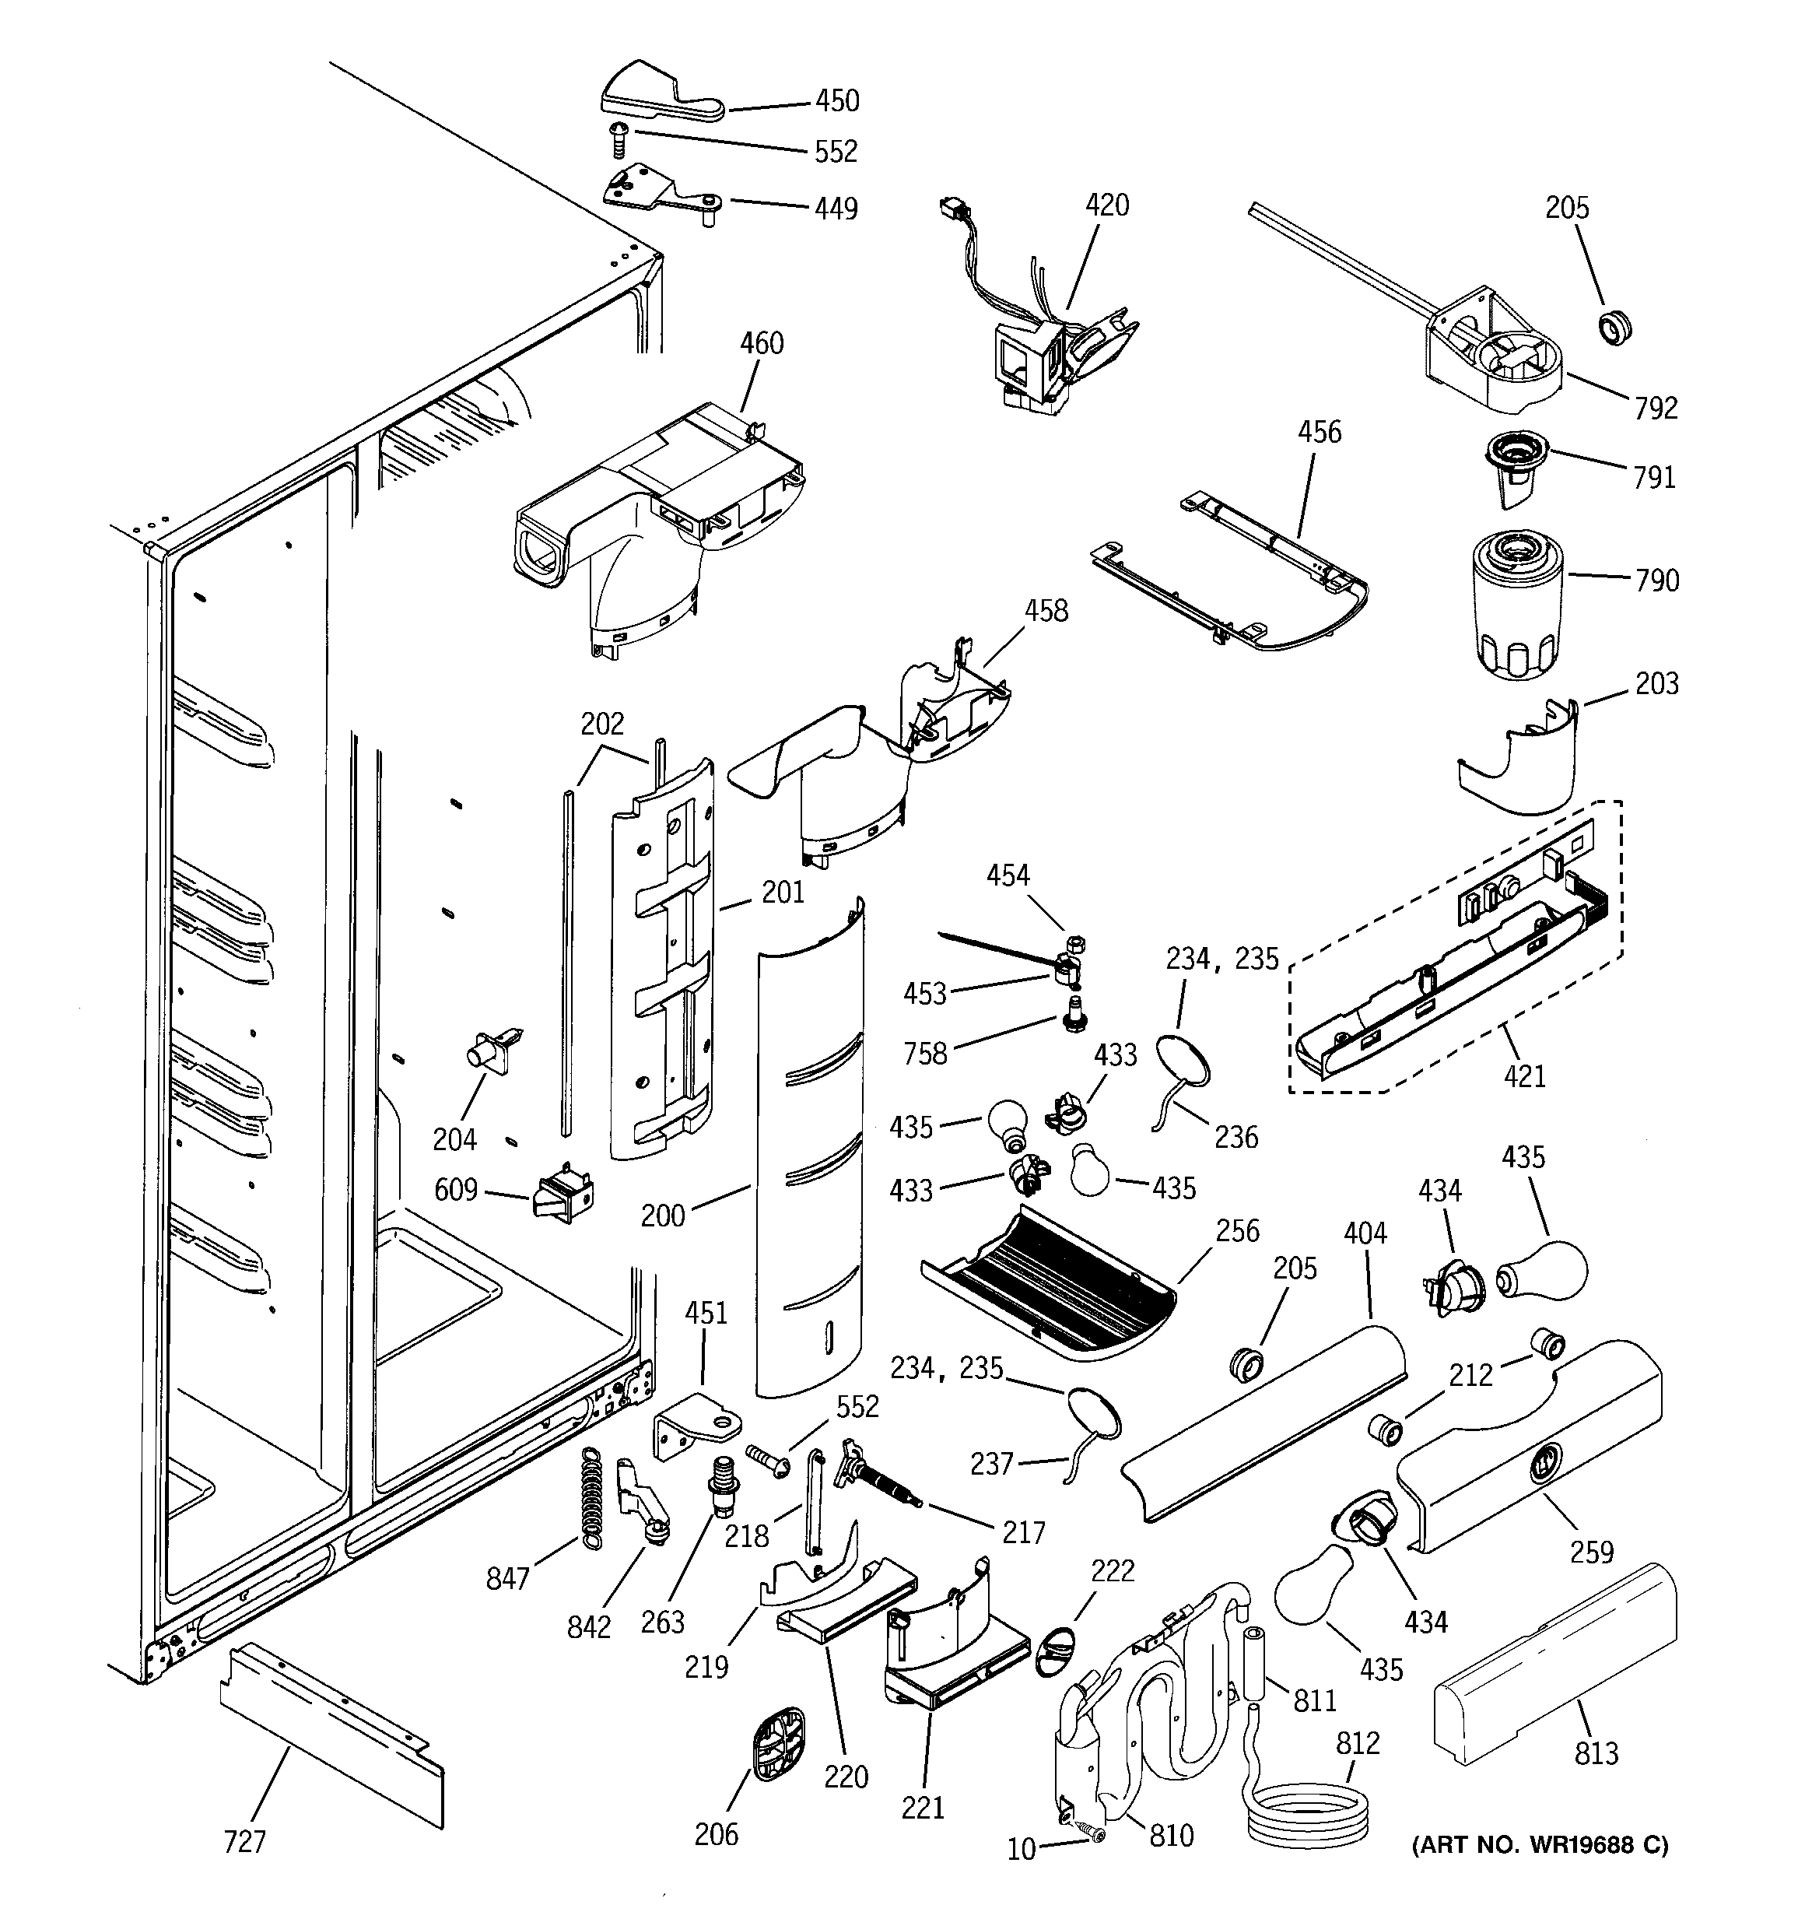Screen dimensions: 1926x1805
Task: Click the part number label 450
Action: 837,100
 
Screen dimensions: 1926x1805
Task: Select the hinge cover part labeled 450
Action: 659,96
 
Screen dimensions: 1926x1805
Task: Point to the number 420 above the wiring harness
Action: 1106,205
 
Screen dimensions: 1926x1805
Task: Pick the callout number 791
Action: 1654,478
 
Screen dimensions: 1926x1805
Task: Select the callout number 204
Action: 454,1139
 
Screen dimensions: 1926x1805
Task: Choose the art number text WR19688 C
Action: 1540,1846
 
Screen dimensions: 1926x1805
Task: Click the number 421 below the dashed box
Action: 1524,1075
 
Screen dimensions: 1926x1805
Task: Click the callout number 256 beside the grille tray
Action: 1237,1231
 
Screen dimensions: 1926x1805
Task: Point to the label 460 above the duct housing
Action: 762,343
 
